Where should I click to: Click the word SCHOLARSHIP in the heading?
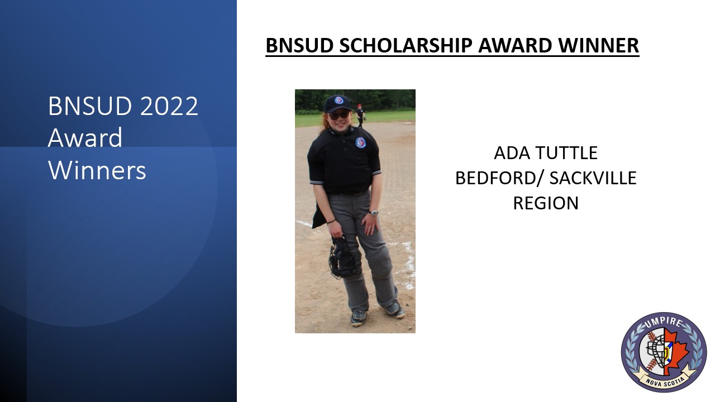click(406, 45)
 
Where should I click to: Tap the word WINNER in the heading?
click(598, 45)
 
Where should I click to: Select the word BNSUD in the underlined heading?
click(300, 45)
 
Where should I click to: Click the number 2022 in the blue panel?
click(169, 106)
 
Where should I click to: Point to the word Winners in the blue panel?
click(97, 170)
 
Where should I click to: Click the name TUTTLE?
click(567, 153)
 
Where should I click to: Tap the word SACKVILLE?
click(593, 178)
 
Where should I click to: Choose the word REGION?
click(546, 203)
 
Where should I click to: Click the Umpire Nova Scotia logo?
click(664, 352)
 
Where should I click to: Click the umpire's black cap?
click(337, 103)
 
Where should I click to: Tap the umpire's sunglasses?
click(339, 115)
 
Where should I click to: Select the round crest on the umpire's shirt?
click(360, 142)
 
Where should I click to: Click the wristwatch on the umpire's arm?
click(373, 213)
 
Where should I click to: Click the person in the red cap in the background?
click(360, 116)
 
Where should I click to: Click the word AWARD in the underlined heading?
click(515, 45)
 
